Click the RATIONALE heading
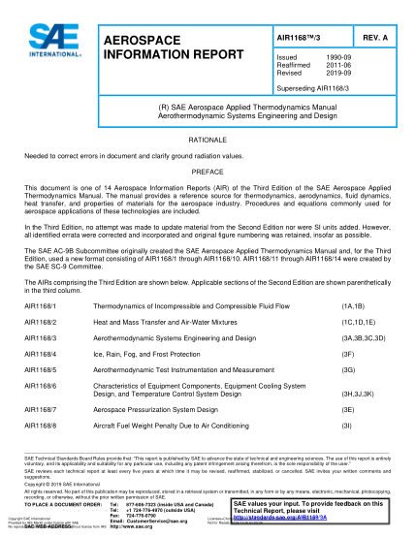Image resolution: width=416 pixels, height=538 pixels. tap(208, 140)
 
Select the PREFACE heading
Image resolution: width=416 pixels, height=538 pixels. tap(208, 171)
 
